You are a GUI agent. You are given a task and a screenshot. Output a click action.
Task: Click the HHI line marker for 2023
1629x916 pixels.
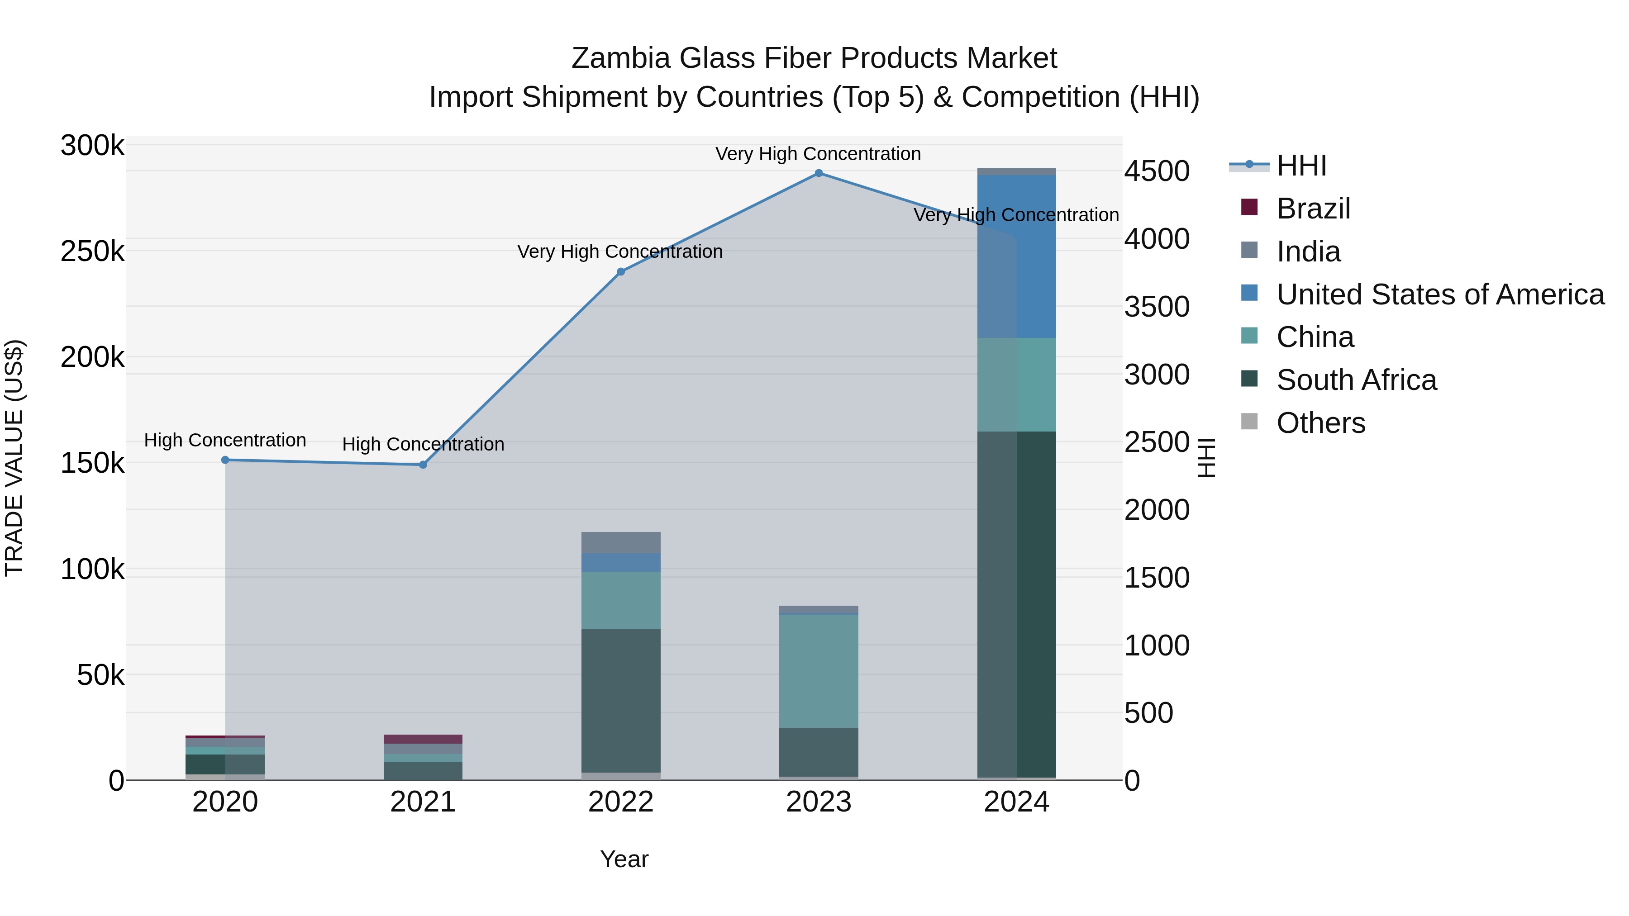coord(818,173)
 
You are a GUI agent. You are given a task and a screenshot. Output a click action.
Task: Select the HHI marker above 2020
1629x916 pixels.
coord(225,460)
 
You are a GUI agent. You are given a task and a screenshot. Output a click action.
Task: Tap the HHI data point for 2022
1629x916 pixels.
coord(621,272)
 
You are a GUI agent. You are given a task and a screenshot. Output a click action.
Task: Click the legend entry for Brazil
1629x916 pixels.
coord(1313,209)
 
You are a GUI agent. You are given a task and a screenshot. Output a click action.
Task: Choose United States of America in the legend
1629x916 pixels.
coord(1439,294)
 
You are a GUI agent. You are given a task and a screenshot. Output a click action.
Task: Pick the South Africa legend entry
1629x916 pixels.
coord(1356,380)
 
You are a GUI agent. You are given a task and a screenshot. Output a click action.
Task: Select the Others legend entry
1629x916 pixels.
coord(1320,423)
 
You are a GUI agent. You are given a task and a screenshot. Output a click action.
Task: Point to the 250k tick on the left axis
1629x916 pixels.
coord(92,252)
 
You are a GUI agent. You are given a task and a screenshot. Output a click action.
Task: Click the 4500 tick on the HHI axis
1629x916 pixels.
coord(1157,171)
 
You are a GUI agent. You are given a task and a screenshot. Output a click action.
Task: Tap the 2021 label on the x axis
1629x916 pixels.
coord(423,802)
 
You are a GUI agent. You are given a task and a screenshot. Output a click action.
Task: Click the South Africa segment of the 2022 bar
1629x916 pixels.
coord(621,700)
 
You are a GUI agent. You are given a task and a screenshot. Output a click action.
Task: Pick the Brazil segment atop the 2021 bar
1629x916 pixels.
coord(423,739)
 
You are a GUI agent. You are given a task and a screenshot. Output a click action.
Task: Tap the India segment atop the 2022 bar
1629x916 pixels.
coord(621,542)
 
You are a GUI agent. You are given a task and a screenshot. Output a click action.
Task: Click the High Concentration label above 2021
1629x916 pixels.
coord(423,444)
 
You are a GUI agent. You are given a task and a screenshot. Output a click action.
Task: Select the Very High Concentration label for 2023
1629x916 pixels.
coord(818,154)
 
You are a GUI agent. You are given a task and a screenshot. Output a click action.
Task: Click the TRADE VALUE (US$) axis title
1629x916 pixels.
coord(14,458)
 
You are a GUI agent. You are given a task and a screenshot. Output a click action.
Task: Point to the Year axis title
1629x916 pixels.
coord(624,859)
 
